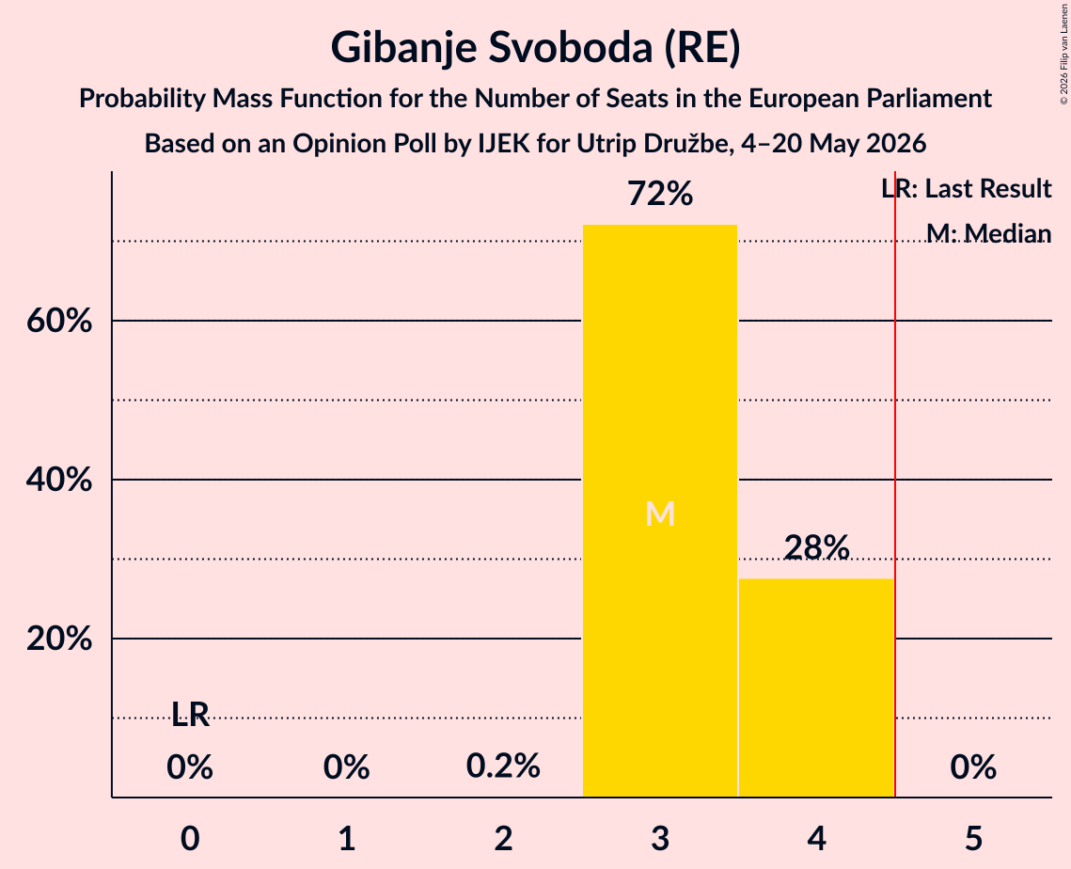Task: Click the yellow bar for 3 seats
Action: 660,511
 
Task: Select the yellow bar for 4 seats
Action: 816,688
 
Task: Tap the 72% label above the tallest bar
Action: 660,194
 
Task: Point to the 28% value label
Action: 816,547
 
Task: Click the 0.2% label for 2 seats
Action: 503,766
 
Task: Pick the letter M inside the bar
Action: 660,513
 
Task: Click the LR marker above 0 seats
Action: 190,715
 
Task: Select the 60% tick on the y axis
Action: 58,321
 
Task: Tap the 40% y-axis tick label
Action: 58,480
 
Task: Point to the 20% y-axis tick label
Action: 58,639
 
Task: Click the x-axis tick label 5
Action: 973,839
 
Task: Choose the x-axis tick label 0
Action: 190,839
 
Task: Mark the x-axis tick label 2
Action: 503,839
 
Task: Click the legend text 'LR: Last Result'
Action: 967,188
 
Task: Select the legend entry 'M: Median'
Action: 989,233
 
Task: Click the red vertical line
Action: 895,484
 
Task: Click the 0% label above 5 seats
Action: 973,766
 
